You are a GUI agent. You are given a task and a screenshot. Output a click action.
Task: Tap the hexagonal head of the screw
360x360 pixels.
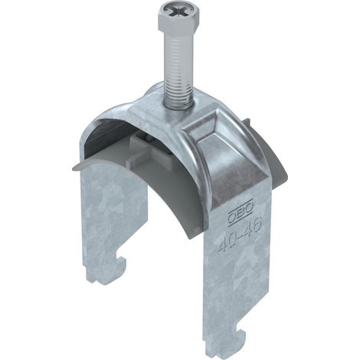click(x=178, y=16)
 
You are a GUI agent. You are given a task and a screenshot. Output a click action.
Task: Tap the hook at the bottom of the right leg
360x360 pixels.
click(x=227, y=342)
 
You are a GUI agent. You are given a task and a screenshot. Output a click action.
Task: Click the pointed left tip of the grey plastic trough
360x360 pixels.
click(x=74, y=168)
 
